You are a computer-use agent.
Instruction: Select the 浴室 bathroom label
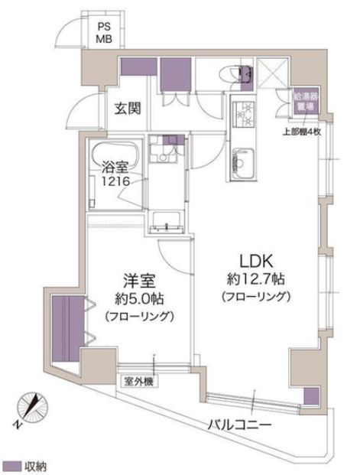[x=115, y=166]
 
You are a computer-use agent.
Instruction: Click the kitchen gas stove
[x=246, y=114]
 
